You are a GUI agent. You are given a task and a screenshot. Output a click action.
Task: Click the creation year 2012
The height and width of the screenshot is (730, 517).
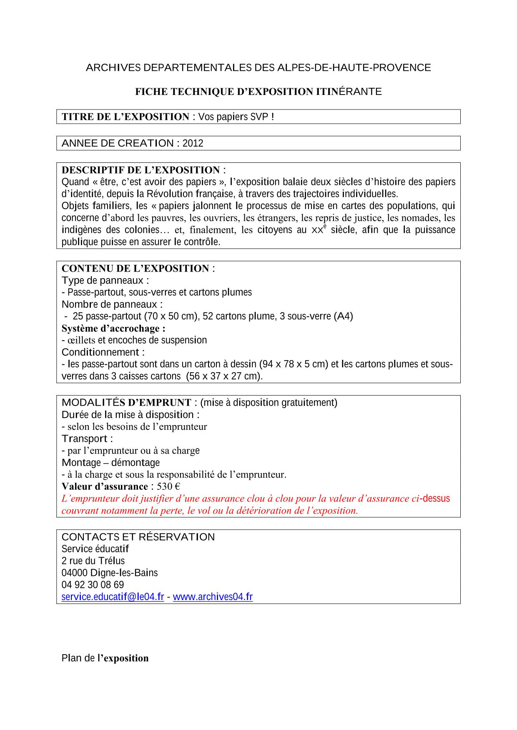pos(193,143)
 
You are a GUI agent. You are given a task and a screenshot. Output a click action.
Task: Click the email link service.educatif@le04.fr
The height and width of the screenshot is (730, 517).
pos(113,597)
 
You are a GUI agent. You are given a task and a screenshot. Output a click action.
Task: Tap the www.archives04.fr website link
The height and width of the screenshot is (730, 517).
pos(213,597)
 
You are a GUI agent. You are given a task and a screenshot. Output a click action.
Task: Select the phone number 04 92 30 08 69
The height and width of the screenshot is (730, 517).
pos(93,585)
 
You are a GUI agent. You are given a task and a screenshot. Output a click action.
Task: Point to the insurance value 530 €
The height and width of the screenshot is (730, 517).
pos(168,486)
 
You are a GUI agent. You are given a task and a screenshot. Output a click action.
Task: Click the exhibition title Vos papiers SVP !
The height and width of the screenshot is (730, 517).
pos(236,117)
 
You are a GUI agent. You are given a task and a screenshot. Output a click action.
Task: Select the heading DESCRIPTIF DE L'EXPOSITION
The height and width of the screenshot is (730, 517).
pos(141,170)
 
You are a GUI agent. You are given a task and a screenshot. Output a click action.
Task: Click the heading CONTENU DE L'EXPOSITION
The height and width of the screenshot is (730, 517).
pos(135,269)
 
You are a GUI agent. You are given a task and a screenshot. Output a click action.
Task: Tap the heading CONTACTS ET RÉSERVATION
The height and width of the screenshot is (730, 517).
pos(138,537)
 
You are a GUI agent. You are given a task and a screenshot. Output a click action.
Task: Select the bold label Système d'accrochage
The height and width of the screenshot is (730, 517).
pos(113,329)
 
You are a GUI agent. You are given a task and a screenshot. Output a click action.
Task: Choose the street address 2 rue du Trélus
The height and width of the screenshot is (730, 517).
pos(93,561)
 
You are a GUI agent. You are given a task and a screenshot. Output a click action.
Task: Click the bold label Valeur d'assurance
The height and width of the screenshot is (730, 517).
pos(105,486)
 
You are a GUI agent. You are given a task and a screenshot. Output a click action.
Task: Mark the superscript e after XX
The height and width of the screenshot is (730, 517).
pos(325,226)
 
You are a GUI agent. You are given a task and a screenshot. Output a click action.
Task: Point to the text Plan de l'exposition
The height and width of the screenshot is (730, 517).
pos(105,658)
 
